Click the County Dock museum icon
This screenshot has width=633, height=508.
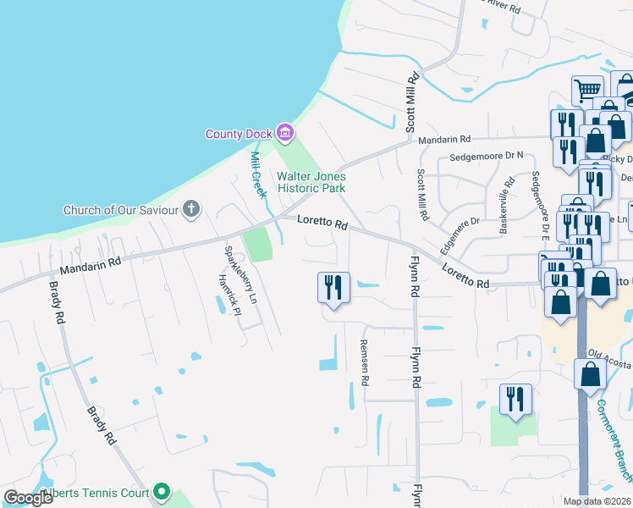click(285, 133)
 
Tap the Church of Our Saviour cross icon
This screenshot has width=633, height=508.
click(192, 209)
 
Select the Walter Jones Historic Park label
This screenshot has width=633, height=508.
click(311, 182)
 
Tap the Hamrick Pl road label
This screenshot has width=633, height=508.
click(223, 294)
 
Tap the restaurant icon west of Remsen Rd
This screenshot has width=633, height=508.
click(333, 287)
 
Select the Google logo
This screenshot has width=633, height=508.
click(28, 498)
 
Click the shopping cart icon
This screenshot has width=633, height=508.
click(587, 89)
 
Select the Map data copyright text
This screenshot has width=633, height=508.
click(597, 501)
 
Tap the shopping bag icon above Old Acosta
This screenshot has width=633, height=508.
click(590, 373)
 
